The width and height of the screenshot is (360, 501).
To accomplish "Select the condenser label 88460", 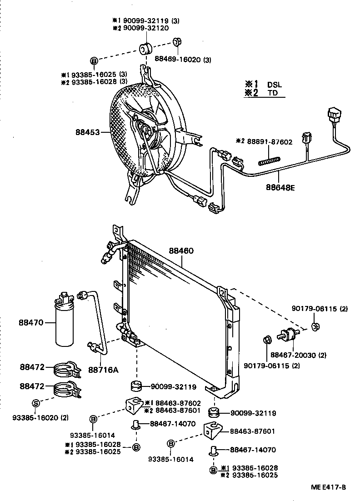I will point(181,250).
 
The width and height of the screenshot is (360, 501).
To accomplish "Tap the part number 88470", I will point(31,323).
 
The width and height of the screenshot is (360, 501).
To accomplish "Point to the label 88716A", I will point(103,369).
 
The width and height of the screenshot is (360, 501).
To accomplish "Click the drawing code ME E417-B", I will point(328,487).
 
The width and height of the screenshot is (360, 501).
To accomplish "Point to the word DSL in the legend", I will point(275,85).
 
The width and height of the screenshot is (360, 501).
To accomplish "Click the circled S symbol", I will point(36,403).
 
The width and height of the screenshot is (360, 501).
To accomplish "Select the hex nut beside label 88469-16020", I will point(177,43).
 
